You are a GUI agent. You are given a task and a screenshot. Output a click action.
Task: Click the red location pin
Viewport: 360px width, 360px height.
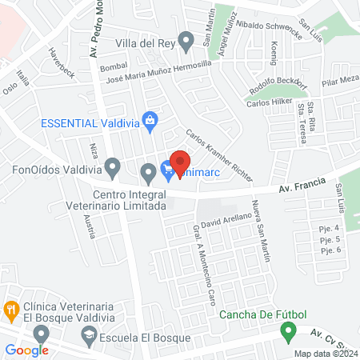(180, 161)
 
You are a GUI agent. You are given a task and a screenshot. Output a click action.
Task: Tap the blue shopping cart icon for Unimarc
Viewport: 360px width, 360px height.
(166, 169)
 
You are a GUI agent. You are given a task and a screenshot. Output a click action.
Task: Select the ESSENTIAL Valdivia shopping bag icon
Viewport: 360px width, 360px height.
(149, 122)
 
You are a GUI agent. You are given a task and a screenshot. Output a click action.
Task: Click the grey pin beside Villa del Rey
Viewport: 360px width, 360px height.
(186, 40)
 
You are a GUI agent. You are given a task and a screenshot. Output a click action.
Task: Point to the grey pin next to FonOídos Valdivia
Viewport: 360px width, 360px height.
(114, 168)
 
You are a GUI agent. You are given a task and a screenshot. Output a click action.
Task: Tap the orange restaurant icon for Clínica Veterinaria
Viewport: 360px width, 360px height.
(11, 308)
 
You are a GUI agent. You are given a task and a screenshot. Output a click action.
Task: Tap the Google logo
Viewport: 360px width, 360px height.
(26, 350)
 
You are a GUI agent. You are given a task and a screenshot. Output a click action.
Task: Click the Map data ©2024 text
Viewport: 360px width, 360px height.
(324, 354)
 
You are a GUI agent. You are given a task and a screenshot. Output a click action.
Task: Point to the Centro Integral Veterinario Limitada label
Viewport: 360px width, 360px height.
(128, 200)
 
